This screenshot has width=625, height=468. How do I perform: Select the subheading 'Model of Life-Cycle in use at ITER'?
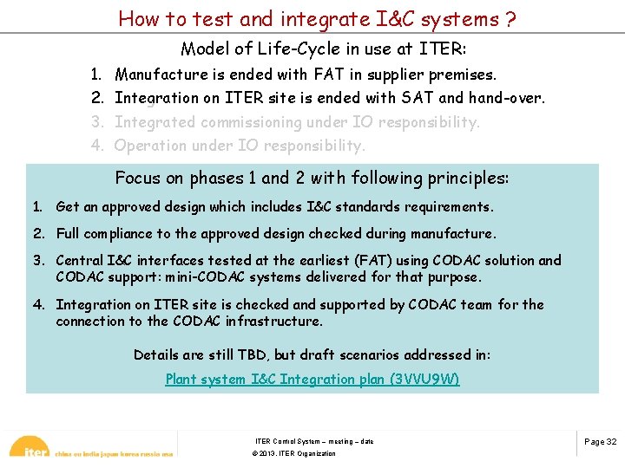tap(324, 49)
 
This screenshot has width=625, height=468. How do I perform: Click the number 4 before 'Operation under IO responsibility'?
tap(97, 146)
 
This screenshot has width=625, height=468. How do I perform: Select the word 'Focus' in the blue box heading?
tap(138, 179)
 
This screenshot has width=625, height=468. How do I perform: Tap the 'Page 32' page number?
tap(600, 441)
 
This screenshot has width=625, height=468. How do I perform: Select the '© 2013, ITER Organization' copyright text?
tap(293, 453)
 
